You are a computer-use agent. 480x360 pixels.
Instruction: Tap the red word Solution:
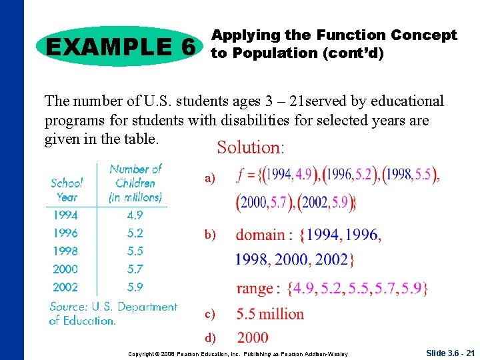[251, 147]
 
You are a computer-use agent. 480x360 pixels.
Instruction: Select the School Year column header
[67, 189]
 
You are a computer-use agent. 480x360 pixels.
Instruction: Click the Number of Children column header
[135, 183]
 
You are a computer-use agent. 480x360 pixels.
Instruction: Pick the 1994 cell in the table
[65, 215]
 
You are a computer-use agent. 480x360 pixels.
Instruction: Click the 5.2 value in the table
[135, 233]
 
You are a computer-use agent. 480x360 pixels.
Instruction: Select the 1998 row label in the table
[65, 251]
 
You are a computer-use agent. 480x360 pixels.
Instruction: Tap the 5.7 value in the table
[135, 269]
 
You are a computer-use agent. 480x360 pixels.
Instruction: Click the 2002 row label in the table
[65, 287]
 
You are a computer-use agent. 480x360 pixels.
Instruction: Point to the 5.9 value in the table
[135, 287]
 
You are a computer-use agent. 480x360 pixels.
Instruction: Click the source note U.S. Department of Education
[113, 313]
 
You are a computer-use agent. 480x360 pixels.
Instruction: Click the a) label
[210, 179]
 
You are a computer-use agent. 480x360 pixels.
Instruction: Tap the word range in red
[255, 289]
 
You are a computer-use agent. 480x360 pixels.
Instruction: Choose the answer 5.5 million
[270, 313]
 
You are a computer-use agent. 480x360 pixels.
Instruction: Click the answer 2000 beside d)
[253, 338]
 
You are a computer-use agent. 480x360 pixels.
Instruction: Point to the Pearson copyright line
[238, 353]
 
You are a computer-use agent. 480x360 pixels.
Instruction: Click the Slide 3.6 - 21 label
[449, 352]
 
